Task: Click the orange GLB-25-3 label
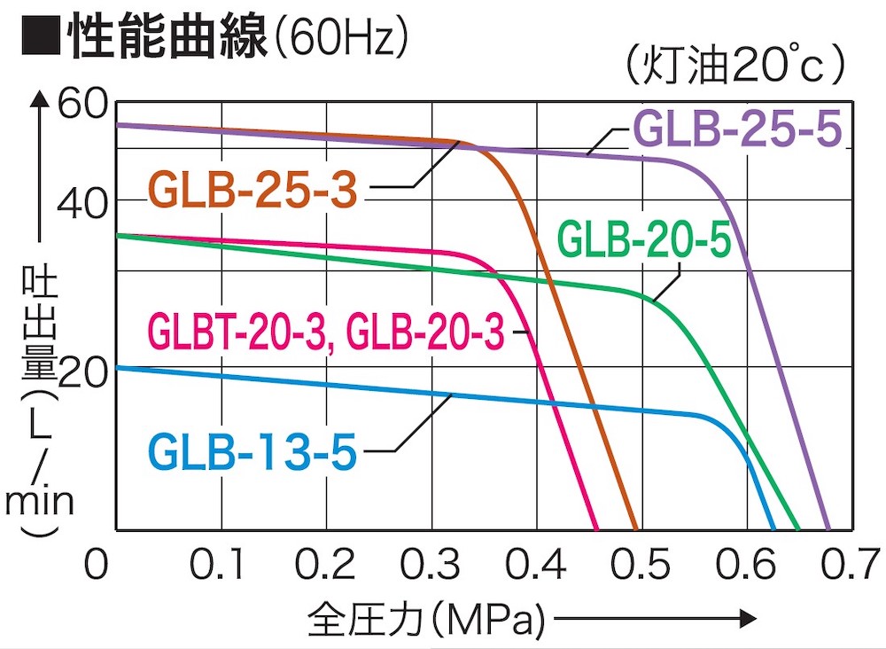pyautogui.click(x=253, y=188)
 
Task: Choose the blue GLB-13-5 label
pyautogui.click(x=253, y=451)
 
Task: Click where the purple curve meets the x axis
pyautogui.click(x=828, y=529)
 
